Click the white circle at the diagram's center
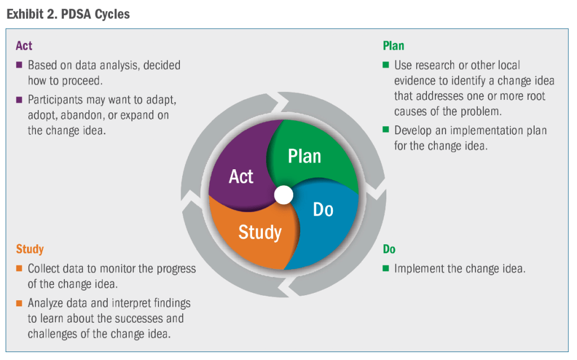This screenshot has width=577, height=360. point(284,195)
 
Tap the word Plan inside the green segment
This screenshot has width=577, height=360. point(305,156)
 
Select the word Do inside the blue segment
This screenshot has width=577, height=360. point(323,209)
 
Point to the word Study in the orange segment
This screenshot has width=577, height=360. point(259,231)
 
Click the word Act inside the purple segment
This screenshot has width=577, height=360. point(241,177)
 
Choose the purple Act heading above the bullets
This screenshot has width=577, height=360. point(24,46)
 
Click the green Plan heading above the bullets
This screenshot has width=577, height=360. point(393,46)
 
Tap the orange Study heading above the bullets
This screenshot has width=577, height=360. point(30,249)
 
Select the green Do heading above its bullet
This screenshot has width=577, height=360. point(389,249)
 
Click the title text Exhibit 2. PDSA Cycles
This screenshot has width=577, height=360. point(68,14)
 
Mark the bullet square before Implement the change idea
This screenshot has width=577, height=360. point(386,268)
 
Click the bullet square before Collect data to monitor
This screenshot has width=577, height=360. point(19,268)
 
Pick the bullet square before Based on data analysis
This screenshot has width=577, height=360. point(19,65)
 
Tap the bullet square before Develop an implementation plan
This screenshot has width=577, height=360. point(386,130)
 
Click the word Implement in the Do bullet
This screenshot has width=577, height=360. point(419,269)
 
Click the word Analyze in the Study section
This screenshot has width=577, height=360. point(48,304)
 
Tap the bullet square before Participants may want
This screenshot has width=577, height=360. point(19,100)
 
